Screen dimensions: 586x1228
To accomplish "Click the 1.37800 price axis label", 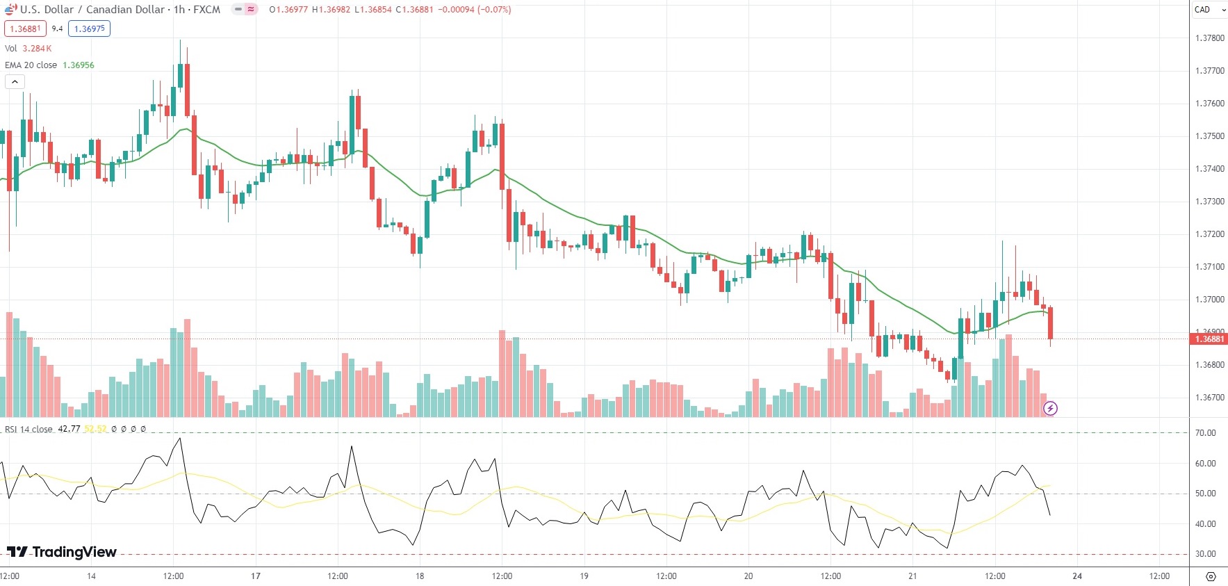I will [x=1209, y=38].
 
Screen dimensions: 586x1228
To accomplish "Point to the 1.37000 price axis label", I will [x=1209, y=300].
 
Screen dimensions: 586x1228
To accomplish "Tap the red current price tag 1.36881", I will [x=1209, y=339].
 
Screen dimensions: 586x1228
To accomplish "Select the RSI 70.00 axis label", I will [x=1205, y=432].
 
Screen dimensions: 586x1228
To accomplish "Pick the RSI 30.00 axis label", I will [x=1205, y=554].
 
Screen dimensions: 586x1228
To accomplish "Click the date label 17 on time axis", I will [x=256, y=576].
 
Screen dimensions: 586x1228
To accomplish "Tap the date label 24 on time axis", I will [x=1077, y=576].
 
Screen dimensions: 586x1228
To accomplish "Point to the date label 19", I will [x=584, y=576].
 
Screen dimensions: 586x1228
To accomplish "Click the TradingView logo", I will [x=62, y=552].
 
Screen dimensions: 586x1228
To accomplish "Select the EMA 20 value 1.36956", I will [x=79, y=65].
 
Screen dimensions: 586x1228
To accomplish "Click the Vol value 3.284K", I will [x=37, y=49].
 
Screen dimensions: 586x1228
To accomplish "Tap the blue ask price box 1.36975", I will [x=89, y=29].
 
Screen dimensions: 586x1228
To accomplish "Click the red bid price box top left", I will [x=25, y=29].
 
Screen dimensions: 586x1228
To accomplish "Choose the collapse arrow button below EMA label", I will [x=15, y=82].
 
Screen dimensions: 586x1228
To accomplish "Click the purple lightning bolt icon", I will [x=1050, y=408].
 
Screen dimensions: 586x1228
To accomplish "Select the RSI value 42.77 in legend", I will [x=69, y=429].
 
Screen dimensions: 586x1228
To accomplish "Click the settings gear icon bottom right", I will [x=1211, y=576].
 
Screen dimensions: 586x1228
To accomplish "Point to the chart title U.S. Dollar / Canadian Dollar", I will [x=92, y=10].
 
